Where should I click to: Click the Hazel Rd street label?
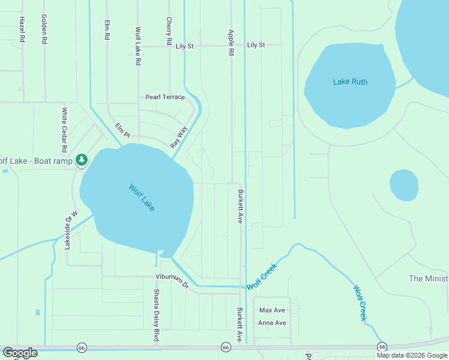pyautogui.click(x=22, y=29)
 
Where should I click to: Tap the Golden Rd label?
pyautogui.click(x=44, y=29)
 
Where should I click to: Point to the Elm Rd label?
pyautogui.click(x=107, y=30)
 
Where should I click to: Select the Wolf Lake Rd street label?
pyautogui.click(x=138, y=46)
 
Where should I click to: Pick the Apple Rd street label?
pyautogui.click(x=231, y=43)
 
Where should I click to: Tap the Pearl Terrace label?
pyautogui.click(x=165, y=97)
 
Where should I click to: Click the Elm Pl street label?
pyautogui.click(x=122, y=130)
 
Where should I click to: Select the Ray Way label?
pyautogui.click(x=179, y=137)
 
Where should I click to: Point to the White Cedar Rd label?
pyautogui.click(x=64, y=130)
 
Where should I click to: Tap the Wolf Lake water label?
pyautogui.click(x=142, y=197)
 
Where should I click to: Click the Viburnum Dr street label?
pyautogui.click(x=172, y=282)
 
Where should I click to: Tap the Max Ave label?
pyautogui.click(x=271, y=310)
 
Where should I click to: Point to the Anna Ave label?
pyautogui.click(x=272, y=323)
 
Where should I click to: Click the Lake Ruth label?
pyautogui.click(x=351, y=82)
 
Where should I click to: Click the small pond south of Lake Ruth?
pyautogui.click(x=404, y=185)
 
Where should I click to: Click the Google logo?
pyautogui.click(x=20, y=353)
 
